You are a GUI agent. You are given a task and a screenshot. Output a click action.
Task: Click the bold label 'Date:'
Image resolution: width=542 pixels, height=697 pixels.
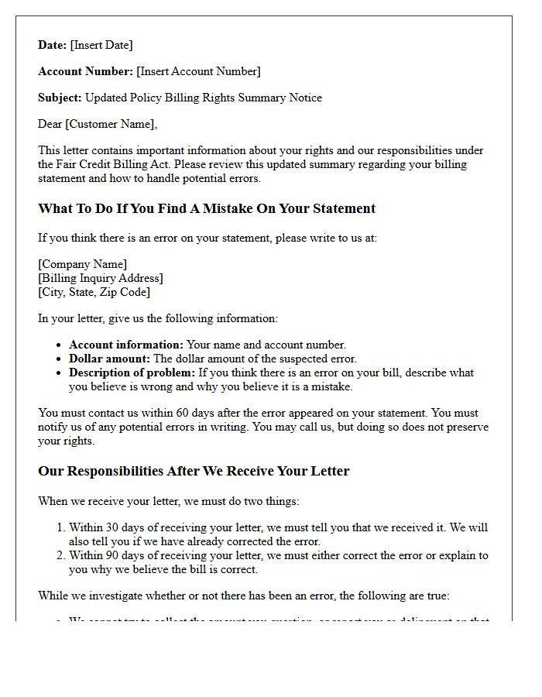(53, 45)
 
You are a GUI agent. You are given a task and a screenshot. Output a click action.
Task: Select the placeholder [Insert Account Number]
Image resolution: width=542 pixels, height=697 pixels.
(198, 71)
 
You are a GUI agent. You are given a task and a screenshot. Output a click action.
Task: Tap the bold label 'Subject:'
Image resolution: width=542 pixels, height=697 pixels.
(60, 98)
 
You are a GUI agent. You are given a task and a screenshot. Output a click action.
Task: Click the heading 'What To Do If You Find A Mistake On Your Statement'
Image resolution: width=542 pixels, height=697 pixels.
(207, 208)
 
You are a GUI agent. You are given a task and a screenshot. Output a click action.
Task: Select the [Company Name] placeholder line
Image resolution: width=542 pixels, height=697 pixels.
(83, 264)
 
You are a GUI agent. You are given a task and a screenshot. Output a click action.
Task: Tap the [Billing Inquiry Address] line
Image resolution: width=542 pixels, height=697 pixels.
(101, 278)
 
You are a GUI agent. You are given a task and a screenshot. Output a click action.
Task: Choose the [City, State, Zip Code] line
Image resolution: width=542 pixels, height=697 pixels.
(94, 292)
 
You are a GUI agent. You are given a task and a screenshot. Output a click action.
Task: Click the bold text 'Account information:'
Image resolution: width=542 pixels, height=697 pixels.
(126, 345)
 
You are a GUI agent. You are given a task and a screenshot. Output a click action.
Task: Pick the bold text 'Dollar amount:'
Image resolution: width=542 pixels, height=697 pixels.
(109, 359)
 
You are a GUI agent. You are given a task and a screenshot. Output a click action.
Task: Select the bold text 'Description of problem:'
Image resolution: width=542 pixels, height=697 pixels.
(133, 373)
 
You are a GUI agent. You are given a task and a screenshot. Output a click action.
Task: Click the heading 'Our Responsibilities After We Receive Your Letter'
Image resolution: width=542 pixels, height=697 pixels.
(194, 471)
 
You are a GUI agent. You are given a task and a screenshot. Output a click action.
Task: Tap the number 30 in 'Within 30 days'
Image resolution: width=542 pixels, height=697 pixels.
(110, 527)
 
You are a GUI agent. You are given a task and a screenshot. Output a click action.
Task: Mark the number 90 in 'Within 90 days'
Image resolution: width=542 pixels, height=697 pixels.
(110, 555)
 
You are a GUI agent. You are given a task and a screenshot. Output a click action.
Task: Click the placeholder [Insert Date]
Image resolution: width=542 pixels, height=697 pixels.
(101, 45)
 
